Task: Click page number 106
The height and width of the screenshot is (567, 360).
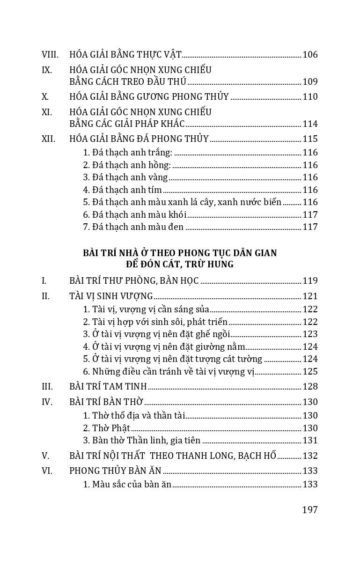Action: [x=310, y=55]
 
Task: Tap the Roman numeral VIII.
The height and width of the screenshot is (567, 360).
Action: [x=50, y=55]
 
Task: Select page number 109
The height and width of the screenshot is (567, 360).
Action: [x=310, y=82]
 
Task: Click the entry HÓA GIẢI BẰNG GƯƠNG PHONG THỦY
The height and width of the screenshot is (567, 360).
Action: [x=149, y=97]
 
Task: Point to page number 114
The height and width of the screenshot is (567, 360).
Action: [x=310, y=124]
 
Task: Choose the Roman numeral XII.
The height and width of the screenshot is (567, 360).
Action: [x=48, y=139]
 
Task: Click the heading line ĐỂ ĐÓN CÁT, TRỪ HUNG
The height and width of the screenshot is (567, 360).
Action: [x=180, y=265]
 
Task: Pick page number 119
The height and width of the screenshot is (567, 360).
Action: [x=310, y=281]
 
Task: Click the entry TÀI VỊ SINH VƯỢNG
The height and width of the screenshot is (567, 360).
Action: [x=111, y=296]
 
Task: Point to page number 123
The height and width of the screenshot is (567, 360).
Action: [x=310, y=334]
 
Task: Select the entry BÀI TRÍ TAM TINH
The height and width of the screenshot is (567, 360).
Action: [x=108, y=387]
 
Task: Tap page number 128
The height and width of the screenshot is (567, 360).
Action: [x=310, y=387]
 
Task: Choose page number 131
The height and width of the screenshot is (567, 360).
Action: [x=310, y=441]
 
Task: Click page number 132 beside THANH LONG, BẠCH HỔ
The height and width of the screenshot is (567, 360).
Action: [x=310, y=456]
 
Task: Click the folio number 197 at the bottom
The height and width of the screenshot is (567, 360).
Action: [x=310, y=510]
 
